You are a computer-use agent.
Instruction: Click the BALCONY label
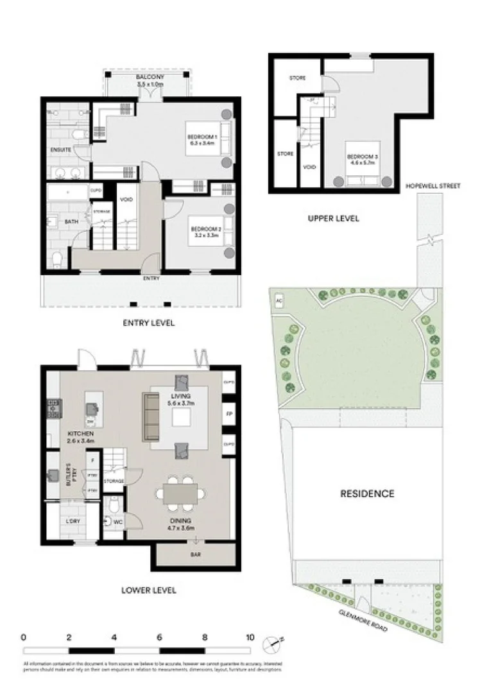click(150, 77)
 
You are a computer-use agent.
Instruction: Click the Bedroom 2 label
click(205, 228)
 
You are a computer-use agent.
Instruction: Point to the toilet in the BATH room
click(56, 259)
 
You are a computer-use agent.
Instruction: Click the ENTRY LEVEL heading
click(148, 323)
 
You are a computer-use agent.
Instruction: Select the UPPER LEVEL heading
click(333, 218)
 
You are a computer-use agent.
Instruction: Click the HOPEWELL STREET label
click(433, 186)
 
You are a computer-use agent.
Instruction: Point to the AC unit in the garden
click(279, 300)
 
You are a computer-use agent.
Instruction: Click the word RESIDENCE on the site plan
click(366, 493)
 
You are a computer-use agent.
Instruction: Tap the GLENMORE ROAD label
click(363, 621)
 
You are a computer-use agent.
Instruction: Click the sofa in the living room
click(151, 415)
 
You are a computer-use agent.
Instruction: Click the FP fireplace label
click(228, 415)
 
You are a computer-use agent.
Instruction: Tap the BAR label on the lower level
click(193, 554)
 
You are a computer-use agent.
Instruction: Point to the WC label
click(117, 522)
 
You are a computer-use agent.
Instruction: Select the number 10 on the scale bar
click(249, 638)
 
